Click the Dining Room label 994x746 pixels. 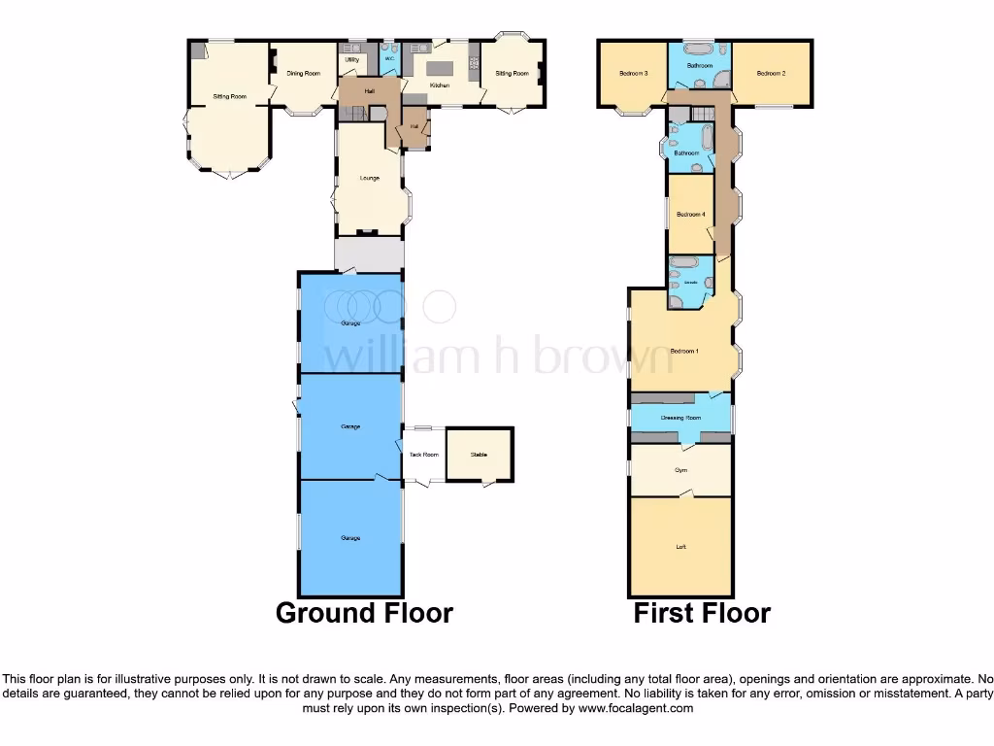pos(303,74)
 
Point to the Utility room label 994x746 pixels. pos(351,60)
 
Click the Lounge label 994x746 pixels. pos(369,178)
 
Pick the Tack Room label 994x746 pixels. pos(423,455)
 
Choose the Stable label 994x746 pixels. pos(480,455)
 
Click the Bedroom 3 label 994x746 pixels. pos(633,73)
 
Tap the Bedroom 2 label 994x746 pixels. pos(771,73)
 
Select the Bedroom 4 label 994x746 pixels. pos(690,214)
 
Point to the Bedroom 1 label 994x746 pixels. pos(684,350)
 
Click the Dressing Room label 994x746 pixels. pos(680,418)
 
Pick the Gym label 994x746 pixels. pos(680,469)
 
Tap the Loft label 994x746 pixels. pos(680,547)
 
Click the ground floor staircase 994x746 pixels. pos(358,114)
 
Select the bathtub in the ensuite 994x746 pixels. pos(683,263)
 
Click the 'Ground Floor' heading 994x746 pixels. pos(364,614)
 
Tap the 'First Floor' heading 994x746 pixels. pos(702,614)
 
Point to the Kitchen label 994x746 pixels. pos(440,85)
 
